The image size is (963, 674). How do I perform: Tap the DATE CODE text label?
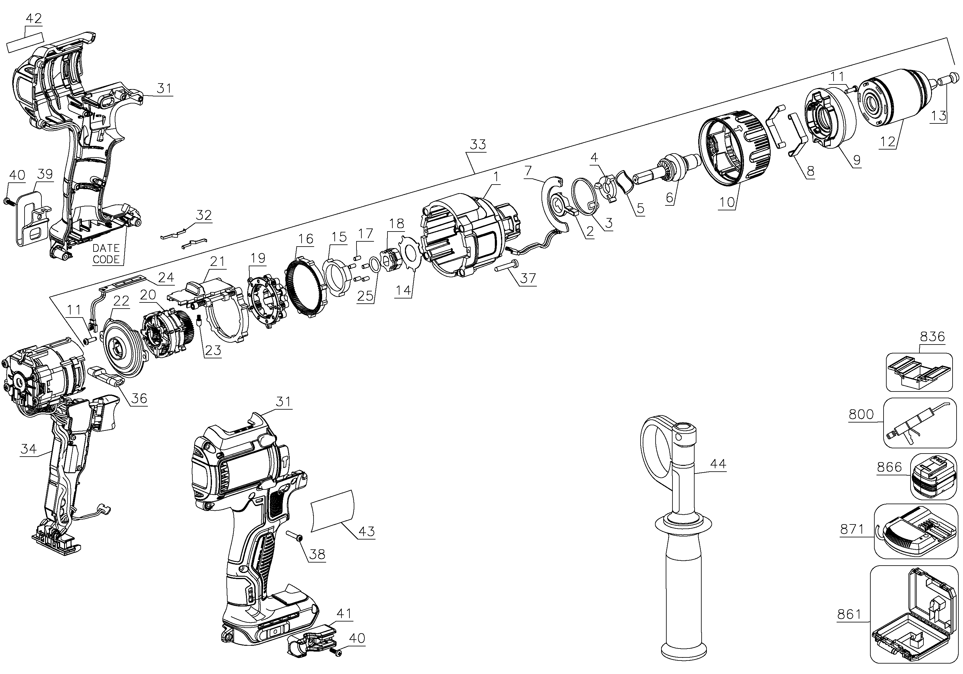tap(106, 254)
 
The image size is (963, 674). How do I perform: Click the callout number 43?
tap(367, 531)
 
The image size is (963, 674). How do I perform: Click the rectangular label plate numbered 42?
tap(25, 42)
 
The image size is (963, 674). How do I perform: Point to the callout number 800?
tap(861, 415)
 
